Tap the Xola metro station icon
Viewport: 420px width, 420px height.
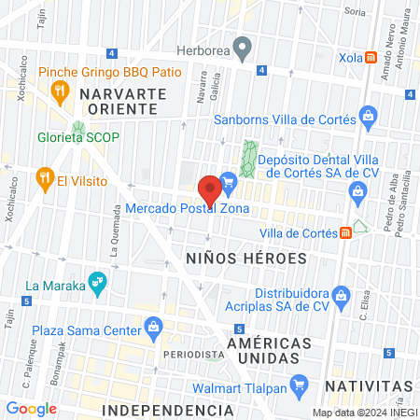tap(371, 57)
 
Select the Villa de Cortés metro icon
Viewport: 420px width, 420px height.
tap(346, 231)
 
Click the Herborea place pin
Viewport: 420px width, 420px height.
tap(243, 46)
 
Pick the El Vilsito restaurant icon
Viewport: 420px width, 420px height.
tap(43, 176)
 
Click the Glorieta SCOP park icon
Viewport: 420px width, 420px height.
tap(78, 130)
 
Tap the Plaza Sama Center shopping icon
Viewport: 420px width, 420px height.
tap(152, 327)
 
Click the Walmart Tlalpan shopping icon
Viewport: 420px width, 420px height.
tap(299, 384)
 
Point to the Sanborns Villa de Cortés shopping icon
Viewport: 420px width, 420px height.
tap(369, 119)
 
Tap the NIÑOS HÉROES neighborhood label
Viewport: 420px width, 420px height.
tap(245, 258)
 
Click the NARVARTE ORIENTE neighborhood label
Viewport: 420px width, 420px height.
tap(122, 102)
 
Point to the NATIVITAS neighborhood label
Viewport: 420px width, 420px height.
tap(369, 385)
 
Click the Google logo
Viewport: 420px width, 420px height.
tap(31, 408)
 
